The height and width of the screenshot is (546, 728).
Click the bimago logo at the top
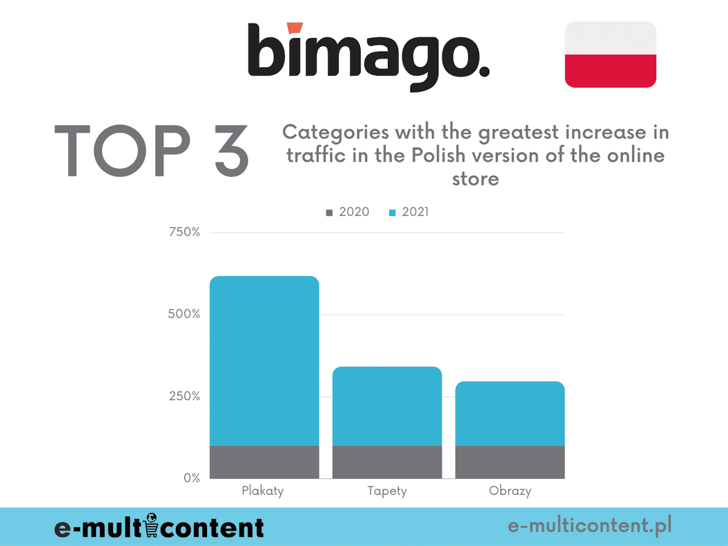pos(368,57)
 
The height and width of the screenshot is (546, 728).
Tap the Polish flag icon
pos(610,55)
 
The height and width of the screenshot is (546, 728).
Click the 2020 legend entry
pos(348,212)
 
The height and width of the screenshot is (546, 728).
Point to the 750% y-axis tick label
pos(184,232)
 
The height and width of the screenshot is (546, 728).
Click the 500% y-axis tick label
pos(184,314)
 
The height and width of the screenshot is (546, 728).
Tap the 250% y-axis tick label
pos(184,396)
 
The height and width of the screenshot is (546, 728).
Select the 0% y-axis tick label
pos(191,478)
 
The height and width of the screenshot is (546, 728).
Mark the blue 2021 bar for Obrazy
pos(510,413)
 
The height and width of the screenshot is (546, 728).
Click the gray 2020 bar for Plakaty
pos(264,462)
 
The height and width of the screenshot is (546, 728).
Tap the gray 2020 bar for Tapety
pos(387,462)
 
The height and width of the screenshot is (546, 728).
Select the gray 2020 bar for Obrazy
pos(510,462)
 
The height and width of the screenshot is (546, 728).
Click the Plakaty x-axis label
pos(263,491)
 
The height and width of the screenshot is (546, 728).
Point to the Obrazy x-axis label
pos(510,491)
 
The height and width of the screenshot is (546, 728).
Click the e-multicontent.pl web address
pos(590,527)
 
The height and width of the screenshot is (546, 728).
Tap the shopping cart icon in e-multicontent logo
pos(153,526)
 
